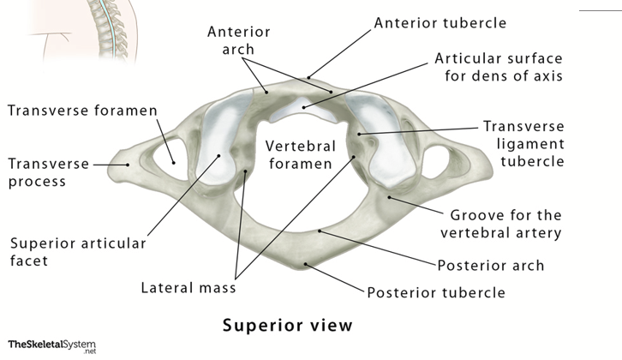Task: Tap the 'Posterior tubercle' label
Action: click(436, 293)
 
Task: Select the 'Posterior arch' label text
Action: click(490, 265)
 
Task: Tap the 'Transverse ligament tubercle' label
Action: click(523, 143)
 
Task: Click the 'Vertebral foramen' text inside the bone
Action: click(297, 152)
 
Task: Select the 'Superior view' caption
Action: click(287, 326)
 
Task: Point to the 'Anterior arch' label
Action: click(239, 39)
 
